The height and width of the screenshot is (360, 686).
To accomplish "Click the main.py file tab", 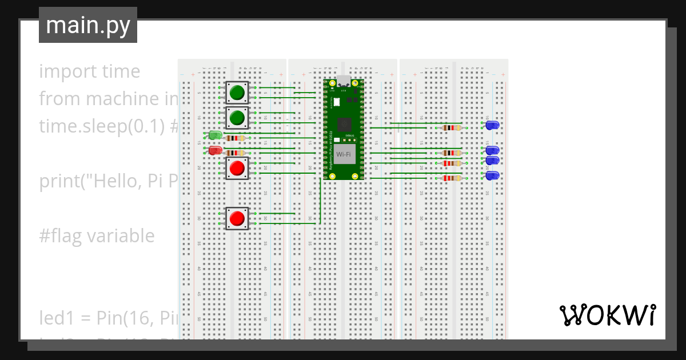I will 87,25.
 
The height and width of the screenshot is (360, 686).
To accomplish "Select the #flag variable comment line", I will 97,235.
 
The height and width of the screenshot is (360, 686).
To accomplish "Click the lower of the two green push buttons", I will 237,118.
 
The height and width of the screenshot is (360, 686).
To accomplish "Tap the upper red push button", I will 237,168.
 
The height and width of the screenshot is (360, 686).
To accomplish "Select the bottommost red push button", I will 237,218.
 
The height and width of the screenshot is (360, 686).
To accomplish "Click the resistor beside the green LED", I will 235,138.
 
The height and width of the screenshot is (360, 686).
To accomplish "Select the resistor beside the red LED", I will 235,153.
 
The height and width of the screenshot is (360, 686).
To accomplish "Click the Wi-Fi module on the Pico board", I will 344,154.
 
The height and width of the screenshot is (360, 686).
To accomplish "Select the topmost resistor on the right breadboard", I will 452,128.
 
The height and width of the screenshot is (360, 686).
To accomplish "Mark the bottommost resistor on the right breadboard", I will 452,178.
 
